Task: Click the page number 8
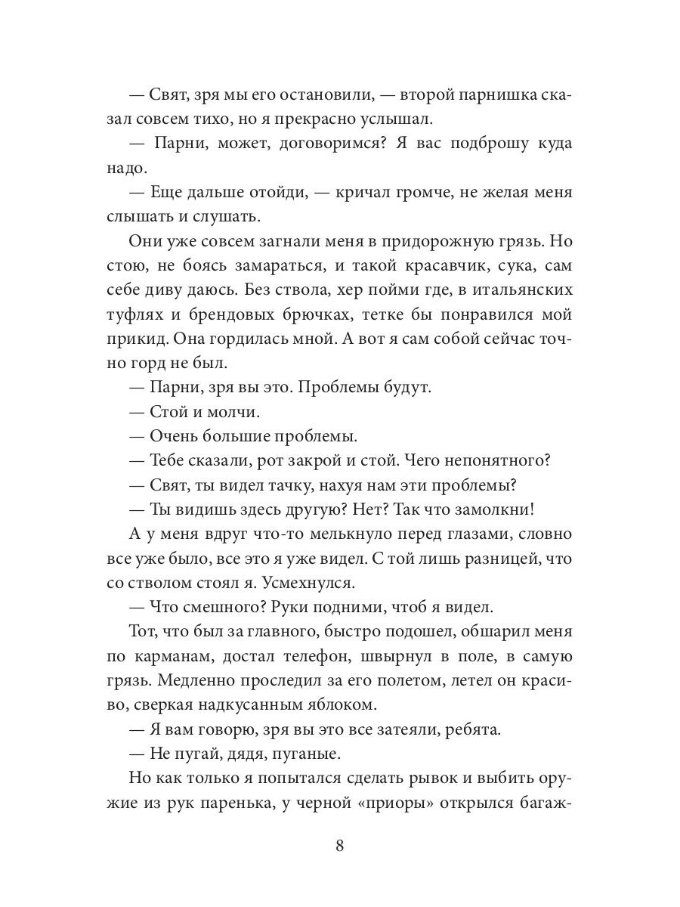pyautogui.click(x=339, y=845)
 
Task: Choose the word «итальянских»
pyautogui.click(x=512, y=291)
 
